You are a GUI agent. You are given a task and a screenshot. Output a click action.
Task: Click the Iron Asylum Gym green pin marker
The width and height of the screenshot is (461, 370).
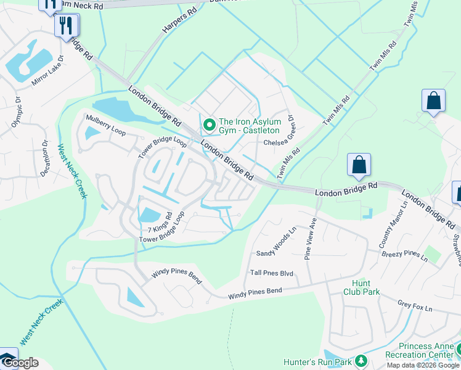[x=210, y=125]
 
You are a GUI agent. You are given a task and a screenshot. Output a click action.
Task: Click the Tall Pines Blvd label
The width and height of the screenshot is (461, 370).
[x=271, y=272]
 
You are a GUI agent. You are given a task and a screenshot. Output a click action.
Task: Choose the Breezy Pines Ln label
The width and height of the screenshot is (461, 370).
[x=404, y=255]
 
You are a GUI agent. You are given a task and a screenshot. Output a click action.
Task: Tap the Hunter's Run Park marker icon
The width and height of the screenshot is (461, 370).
[x=361, y=361]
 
